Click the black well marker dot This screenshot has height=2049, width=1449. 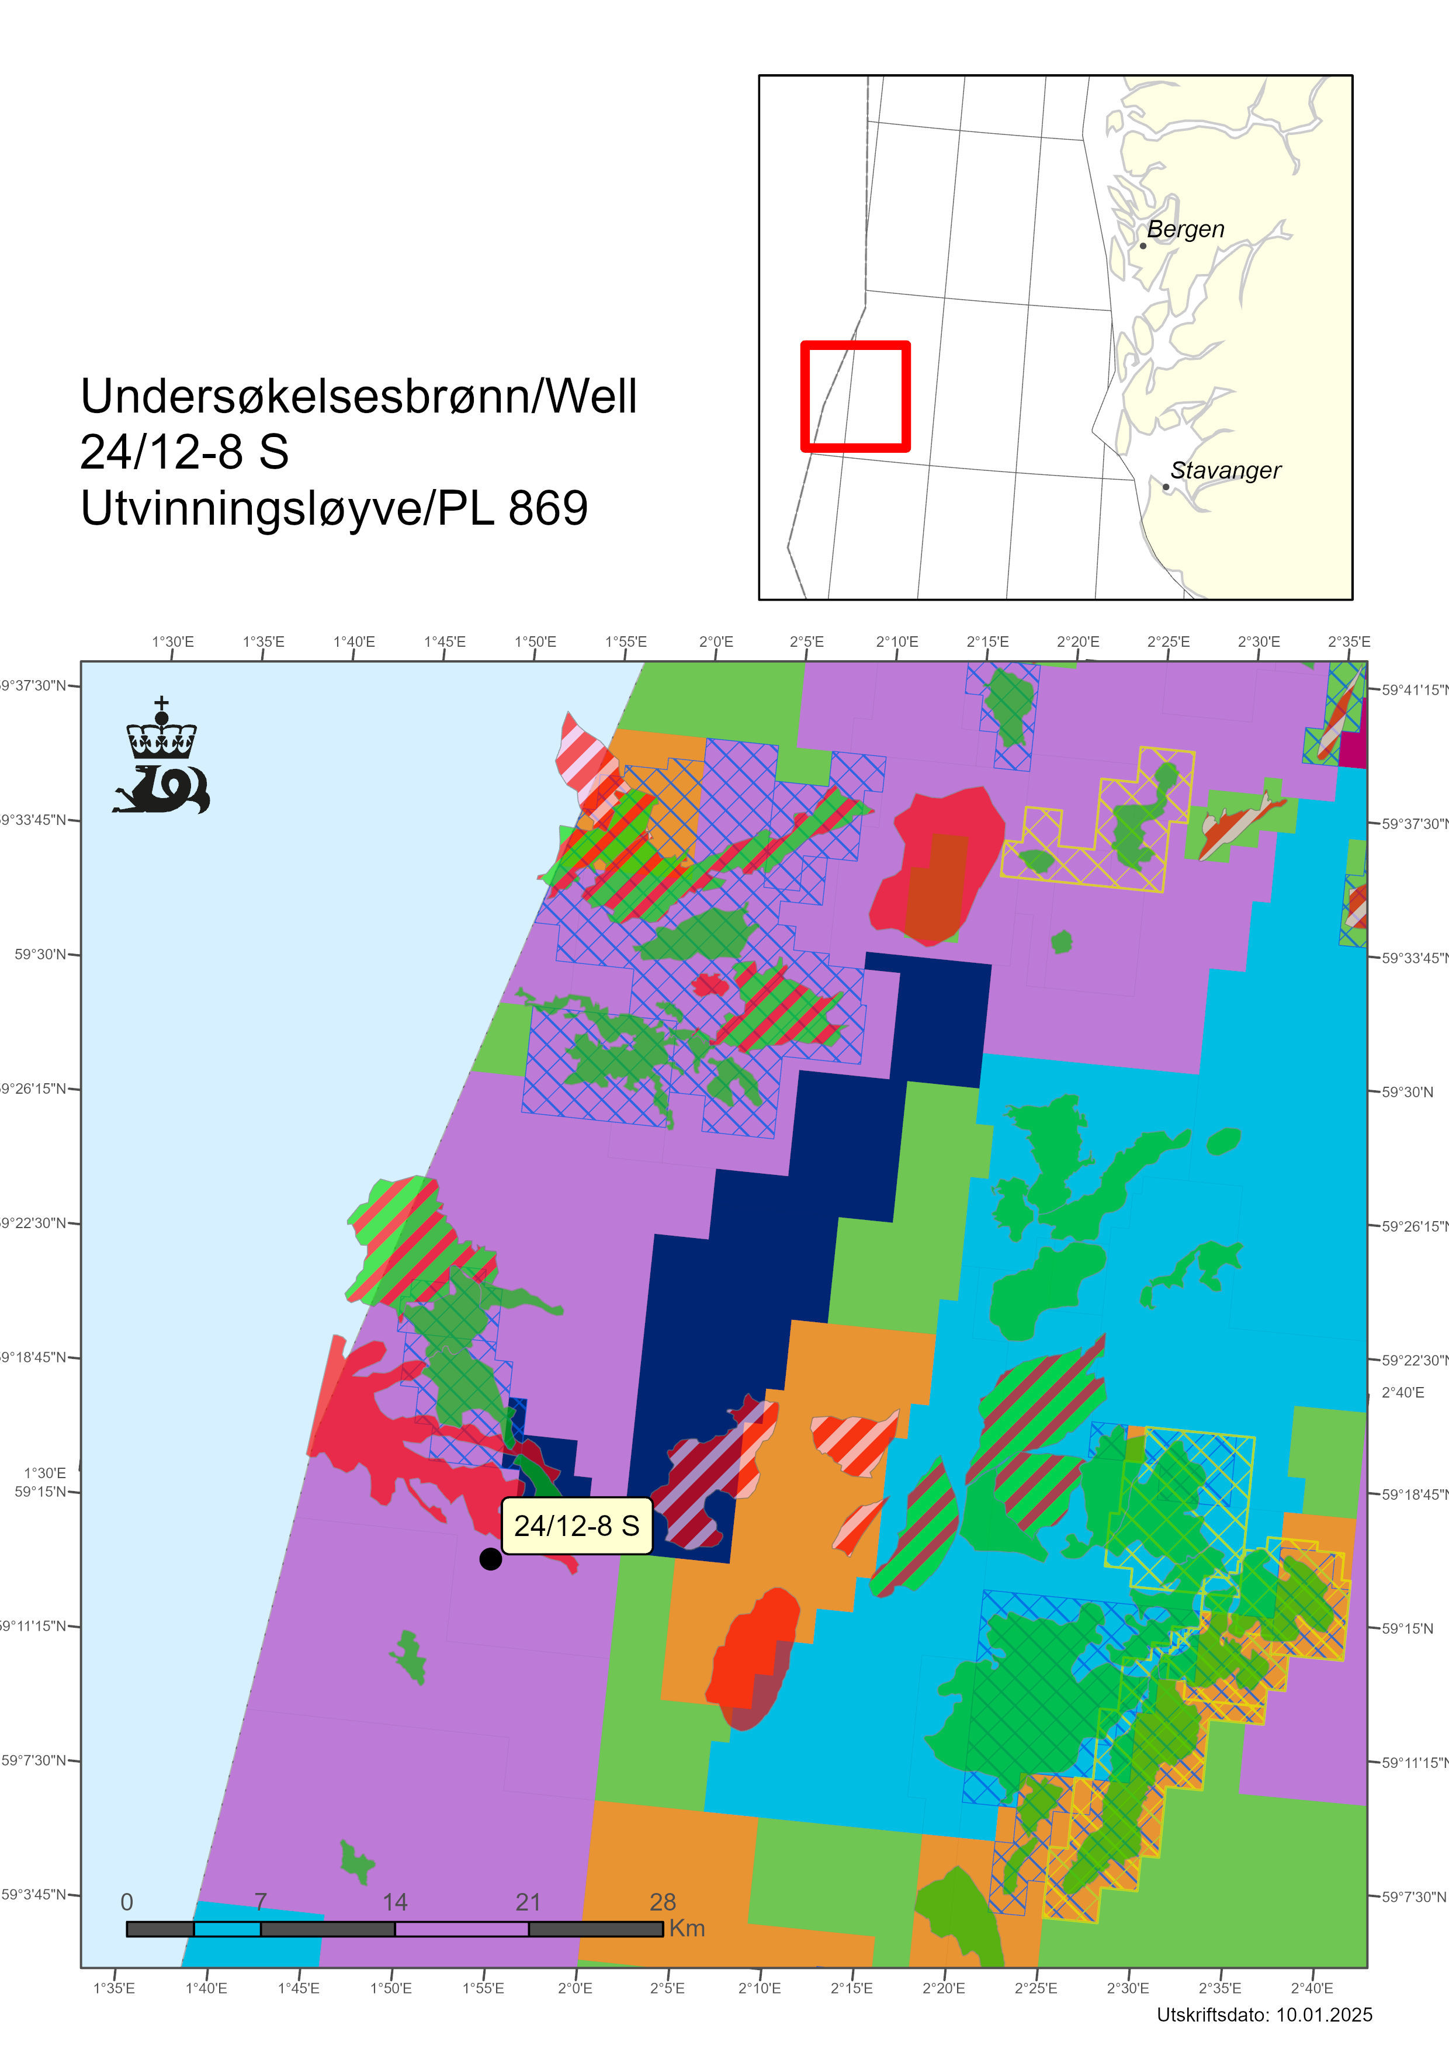490,1558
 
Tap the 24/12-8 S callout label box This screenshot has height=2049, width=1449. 577,1525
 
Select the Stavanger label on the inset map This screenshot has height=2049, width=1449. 1225,470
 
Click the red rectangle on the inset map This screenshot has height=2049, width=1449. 855,396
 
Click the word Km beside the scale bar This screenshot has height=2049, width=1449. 687,1927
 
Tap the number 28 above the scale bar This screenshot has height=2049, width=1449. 662,1902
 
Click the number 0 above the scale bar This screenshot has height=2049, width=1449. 127,1902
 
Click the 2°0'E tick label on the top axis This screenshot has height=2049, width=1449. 716,642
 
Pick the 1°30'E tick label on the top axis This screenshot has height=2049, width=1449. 172,642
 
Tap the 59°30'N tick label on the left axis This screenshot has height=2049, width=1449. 40,954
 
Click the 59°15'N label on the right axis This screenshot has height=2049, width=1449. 1407,1628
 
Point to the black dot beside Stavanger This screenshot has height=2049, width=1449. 1165,486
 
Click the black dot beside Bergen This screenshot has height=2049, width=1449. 1143,245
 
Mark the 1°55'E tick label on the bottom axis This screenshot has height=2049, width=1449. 483,1988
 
